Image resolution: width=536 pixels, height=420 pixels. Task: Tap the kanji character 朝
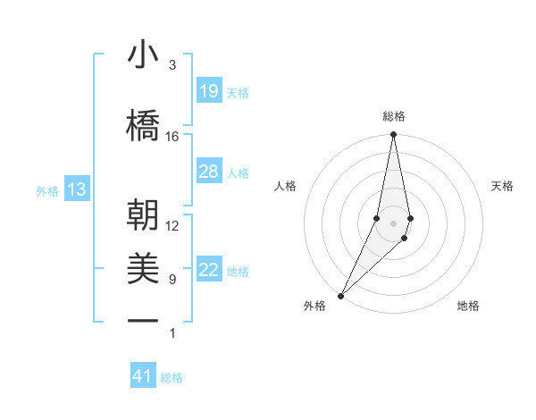[143, 217]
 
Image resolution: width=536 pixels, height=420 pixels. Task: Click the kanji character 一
[143, 319]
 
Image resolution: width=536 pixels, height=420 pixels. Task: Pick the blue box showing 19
[209, 90]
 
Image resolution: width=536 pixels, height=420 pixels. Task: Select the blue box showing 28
[209, 171]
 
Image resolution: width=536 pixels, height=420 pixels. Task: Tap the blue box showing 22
[209, 270]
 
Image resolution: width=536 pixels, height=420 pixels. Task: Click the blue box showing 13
[77, 189]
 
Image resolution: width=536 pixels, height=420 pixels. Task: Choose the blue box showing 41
[143, 376]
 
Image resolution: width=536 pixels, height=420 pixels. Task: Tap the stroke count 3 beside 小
[172, 65]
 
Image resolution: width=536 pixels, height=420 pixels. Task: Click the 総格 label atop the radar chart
[393, 116]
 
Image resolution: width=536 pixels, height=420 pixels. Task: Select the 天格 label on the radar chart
[503, 186]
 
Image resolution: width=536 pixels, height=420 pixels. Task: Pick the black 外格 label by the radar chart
[314, 307]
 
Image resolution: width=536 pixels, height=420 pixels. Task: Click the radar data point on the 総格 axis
[393, 135]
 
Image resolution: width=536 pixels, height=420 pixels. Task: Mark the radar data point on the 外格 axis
[340, 295]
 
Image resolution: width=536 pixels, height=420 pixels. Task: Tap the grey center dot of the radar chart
[393, 223]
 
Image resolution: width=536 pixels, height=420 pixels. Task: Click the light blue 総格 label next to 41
[172, 378]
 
